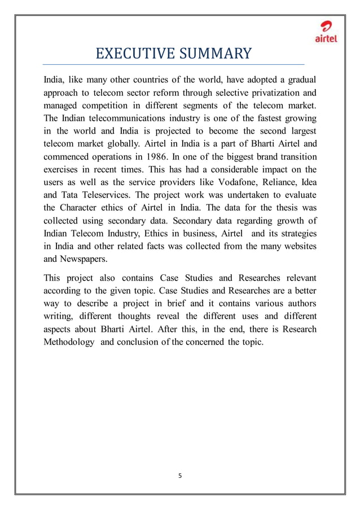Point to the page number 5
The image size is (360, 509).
180,475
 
